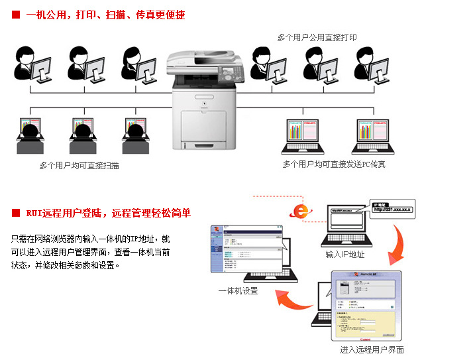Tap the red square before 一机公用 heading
[16, 15]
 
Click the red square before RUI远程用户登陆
[16, 213]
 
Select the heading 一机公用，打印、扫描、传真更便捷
[105, 15]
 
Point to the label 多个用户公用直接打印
[317, 38]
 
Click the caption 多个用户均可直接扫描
[79, 165]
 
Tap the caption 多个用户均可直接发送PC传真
[334, 164]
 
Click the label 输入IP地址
[344, 254]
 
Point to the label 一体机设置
[238, 290]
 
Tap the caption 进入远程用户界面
[372, 349]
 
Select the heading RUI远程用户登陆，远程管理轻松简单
[109, 213]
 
